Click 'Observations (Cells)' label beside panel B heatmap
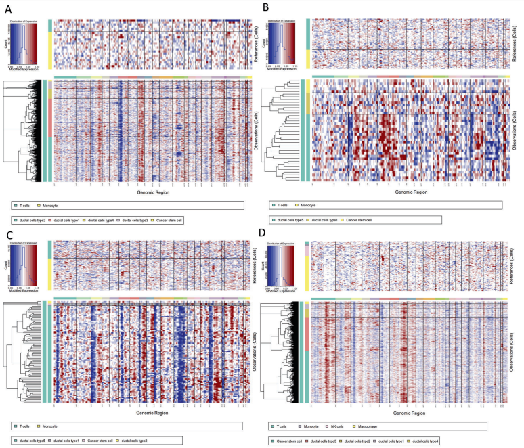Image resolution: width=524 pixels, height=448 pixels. coord(519,132)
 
